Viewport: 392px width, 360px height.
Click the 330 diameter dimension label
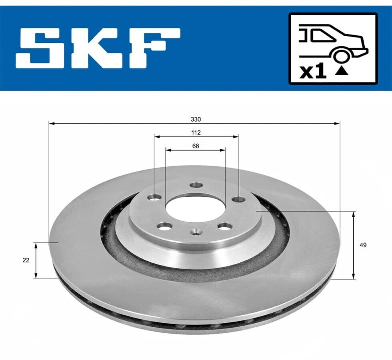pyautogui.click(x=196, y=119)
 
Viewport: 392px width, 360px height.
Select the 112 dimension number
pyautogui.click(x=196, y=132)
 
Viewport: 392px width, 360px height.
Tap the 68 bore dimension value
pyautogui.click(x=196, y=146)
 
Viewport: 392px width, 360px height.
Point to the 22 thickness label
pyautogui.click(x=26, y=260)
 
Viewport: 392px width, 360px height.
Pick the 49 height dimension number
pyautogui.click(x=363, y=245)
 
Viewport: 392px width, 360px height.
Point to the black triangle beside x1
pyautogui.click(x=342, y=72)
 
